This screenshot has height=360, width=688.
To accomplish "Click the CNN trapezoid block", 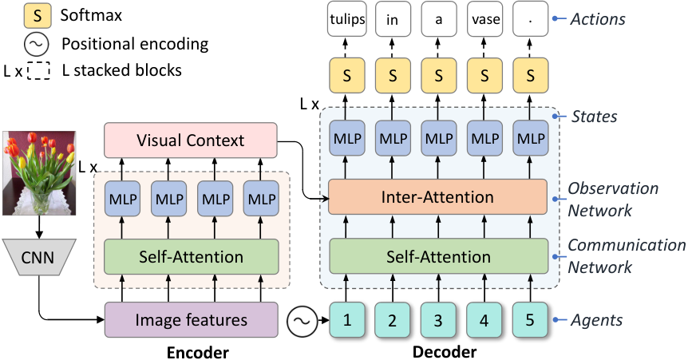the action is pyautogui.click(x=38, y=257).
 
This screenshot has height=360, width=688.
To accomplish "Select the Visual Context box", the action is pyautogui.click(x=191, y=140).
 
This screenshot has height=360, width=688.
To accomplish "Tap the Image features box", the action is pyautogui.click(x=191, y=319).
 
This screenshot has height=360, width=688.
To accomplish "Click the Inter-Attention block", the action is pyautogui.click(x=437, y=196).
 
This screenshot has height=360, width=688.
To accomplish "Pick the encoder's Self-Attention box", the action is pyautogui.click(x=191, y=256).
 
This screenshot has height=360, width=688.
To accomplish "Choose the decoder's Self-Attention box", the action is pyautogui.click(x=438, y=256).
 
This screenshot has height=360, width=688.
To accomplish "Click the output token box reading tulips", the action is pyautogui.click(x=346, y=19).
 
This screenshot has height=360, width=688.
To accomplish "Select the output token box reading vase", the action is pyautogui.click(x=484, y=19).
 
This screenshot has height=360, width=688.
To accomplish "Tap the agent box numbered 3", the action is pyautogui.click(x=438, y=319).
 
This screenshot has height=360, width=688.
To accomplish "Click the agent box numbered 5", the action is pyautogui.click(x=530, y=319).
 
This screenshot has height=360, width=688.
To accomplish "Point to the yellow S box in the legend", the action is pyautogui.click(x=38, y=16).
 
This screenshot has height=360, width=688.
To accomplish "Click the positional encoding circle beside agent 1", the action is pyautogui.click(x=302, y=320).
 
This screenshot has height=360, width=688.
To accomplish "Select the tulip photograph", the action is pyautogui.click(x=38, y=173).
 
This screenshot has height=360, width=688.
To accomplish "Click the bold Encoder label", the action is pyautogui.click(x=197, y=353).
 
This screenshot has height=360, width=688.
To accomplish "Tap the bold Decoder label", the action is pyautogui.click(x=445, y=352).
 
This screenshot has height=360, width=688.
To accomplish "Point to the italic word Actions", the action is pyautogui.click(x=598, y=19).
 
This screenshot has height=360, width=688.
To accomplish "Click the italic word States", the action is pyautogui.click(x=594, y=117).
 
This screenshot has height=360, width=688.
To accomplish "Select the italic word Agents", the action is pyautogui.click(x=596, y=320).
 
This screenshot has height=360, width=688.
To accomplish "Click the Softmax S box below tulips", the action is pyautogui.click(x=346, y=76).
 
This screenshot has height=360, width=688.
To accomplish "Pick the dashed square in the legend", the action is pyautogui.click(x=38, y=69).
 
